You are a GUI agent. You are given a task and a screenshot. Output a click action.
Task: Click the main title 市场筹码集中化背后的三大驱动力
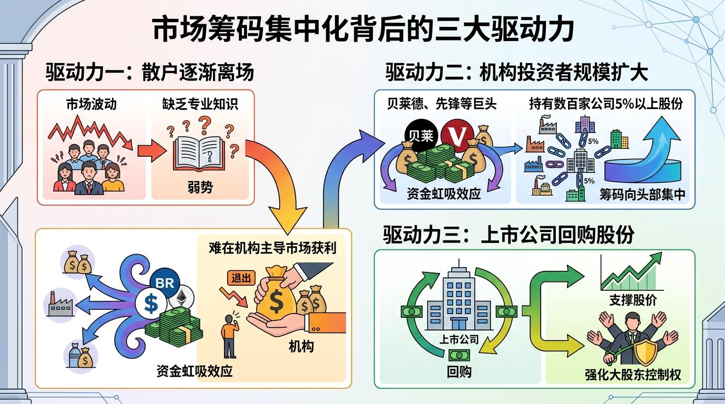[x=362, y=29]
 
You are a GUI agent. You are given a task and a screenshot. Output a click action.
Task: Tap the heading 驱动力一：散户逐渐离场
[x=150, y=72]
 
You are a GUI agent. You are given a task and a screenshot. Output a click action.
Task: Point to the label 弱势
[x=200, y=187]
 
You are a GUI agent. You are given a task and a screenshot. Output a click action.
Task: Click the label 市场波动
[x=91, y=104]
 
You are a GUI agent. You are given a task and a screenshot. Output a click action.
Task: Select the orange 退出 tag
[x=241, y=278]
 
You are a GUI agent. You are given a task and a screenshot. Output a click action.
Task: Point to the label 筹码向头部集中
[x=642, y=195]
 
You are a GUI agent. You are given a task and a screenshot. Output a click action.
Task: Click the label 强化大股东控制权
[x=633, y=375]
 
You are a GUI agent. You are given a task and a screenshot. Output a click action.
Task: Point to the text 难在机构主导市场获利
[x=272, y=247]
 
